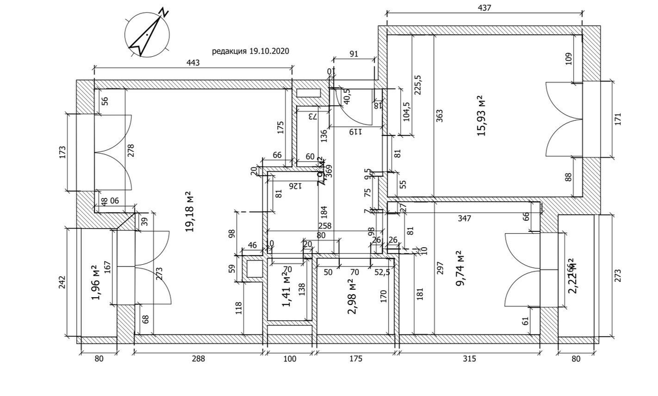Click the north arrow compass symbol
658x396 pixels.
(147, 34)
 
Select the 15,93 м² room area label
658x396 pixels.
(481, 116)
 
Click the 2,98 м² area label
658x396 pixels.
(352, 297)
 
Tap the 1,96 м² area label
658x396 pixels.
(94, 282)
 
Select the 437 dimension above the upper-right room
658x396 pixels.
(484, 8)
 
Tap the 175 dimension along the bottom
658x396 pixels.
(356, 359)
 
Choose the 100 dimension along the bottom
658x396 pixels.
(290, 359)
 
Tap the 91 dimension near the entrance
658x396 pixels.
(354, 53)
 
